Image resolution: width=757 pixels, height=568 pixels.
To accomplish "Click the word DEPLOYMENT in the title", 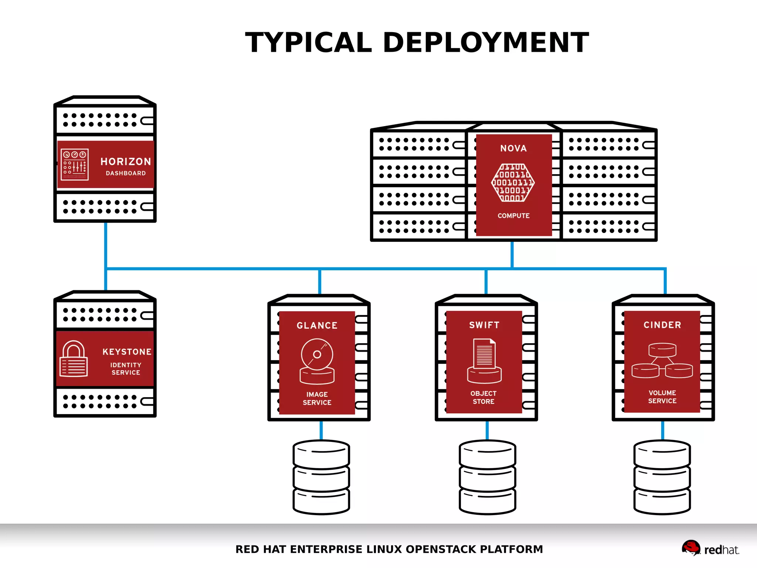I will pos(486,43).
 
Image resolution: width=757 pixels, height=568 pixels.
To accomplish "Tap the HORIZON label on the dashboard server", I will pos(126,162).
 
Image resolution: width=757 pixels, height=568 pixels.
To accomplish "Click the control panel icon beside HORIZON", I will pos(75,165).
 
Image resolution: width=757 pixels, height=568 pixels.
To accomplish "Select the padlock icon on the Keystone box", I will pos(74,359).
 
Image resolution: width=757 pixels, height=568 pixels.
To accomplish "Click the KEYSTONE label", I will pos(127,352).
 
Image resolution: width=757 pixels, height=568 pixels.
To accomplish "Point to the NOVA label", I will pos(513,148).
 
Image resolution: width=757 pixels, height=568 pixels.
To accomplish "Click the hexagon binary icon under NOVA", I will pos(513,183).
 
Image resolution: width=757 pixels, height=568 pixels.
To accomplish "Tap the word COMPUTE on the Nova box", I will pos(513,216).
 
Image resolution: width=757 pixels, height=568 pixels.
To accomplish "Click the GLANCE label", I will pos(317,325).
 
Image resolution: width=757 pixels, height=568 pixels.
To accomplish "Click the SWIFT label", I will pos(484,325).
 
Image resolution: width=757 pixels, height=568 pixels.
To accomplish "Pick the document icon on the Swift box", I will pos(484,361).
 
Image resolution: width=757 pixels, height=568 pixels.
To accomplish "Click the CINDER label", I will pos(662,325).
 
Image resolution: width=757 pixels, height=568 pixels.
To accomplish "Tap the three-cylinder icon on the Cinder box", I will pos(662,361).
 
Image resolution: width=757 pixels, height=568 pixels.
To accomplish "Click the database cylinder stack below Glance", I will pos(321,477).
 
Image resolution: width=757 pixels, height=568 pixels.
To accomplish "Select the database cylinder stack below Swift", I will pos(487,477).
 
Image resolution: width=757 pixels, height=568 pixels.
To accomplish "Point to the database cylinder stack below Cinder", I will pos(662,477).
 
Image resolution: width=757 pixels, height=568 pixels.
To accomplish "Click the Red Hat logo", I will pos(710,549).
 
